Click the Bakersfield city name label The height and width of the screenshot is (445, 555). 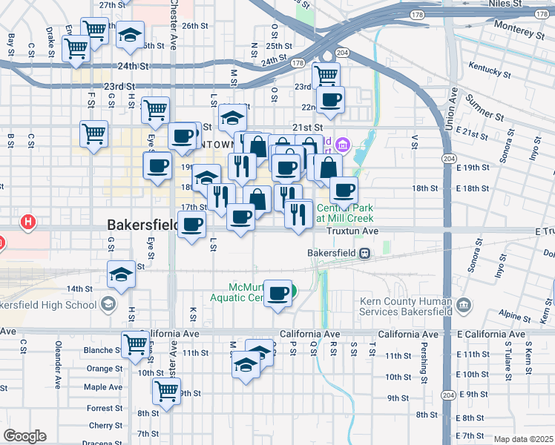(x=145, y=223)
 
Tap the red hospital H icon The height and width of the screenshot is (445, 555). (x=28, y=221)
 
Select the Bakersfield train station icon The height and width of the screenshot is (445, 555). (x=364, y=253)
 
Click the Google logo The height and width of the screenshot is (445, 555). (x=24, y=436)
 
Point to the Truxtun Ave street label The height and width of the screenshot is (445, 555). (x=353, y=231)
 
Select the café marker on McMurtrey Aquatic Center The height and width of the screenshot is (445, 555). (x=278, y=293)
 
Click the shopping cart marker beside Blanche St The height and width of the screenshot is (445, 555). (x=135, y=343)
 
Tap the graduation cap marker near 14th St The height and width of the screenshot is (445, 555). (x=120, y=274)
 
